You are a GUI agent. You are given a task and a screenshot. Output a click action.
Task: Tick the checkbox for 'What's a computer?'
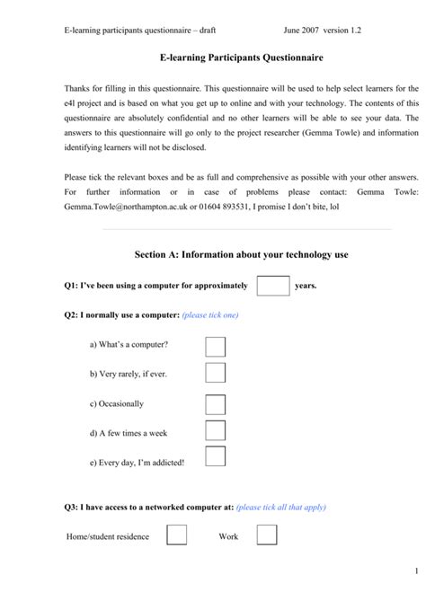click(215, 346)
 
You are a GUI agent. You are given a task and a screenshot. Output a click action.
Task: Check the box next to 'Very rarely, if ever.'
click(215, 374)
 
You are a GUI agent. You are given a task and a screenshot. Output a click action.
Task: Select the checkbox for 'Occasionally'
click(215, 403)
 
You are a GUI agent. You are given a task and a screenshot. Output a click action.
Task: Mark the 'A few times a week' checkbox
click(215, 431)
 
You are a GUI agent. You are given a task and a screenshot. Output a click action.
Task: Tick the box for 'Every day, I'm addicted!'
click(215, 456)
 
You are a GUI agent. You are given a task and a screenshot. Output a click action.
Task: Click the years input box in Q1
click(272, 286)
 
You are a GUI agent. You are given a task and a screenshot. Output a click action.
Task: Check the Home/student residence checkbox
click(177, 535)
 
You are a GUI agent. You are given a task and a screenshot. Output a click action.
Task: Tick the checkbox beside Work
click(267, 535)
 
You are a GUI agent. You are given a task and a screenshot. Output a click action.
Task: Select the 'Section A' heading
click(241, 255)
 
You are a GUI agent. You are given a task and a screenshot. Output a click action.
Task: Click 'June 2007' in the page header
click(304, 30)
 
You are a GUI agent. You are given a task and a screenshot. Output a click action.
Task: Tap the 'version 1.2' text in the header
click(354, 30)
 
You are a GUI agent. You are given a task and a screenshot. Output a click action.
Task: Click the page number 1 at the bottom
click(417, 571)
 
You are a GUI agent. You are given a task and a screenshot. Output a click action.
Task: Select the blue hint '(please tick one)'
click(210, 315)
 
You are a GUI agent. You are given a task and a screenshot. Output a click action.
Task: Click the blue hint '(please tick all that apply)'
click(281, 508)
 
